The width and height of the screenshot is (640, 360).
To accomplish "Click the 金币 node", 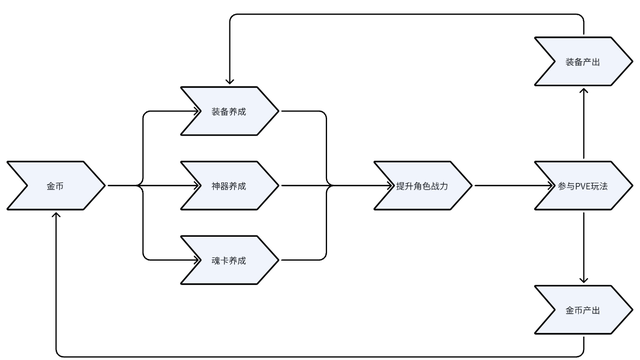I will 55,186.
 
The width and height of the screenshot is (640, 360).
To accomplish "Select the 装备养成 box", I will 229,111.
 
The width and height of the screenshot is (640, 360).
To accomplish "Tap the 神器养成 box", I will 229,186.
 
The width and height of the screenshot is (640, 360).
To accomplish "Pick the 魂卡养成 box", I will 229,260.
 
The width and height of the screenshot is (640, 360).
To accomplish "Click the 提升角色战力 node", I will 421,186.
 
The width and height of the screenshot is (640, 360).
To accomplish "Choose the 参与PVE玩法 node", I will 583,186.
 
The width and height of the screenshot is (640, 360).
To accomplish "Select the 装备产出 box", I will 583,61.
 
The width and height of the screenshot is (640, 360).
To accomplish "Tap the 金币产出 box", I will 583,310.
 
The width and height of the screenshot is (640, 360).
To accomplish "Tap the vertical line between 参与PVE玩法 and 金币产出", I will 583,245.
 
